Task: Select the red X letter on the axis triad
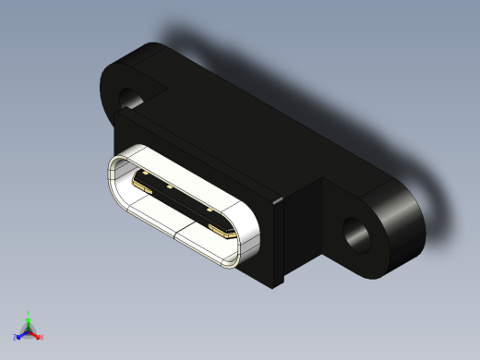[x=42, y=337]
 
